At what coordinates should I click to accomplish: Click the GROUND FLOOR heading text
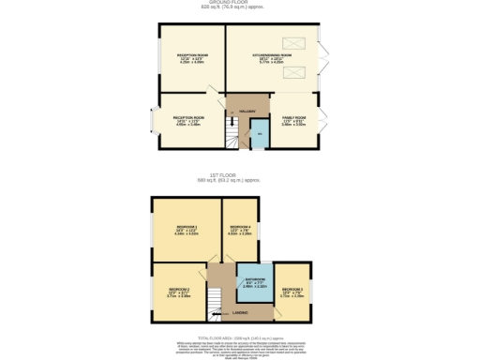pos(240,3)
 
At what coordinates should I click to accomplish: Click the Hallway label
pos(247,111)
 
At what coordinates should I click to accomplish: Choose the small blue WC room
pos(259,137)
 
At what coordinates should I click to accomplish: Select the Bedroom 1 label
pos(187,229)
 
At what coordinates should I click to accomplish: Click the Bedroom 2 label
pos(179,291)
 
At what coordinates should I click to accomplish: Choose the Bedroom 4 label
pos(240,228)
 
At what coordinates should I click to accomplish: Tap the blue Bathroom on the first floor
pos(255,280)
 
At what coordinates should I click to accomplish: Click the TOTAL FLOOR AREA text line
pos(240,335)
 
